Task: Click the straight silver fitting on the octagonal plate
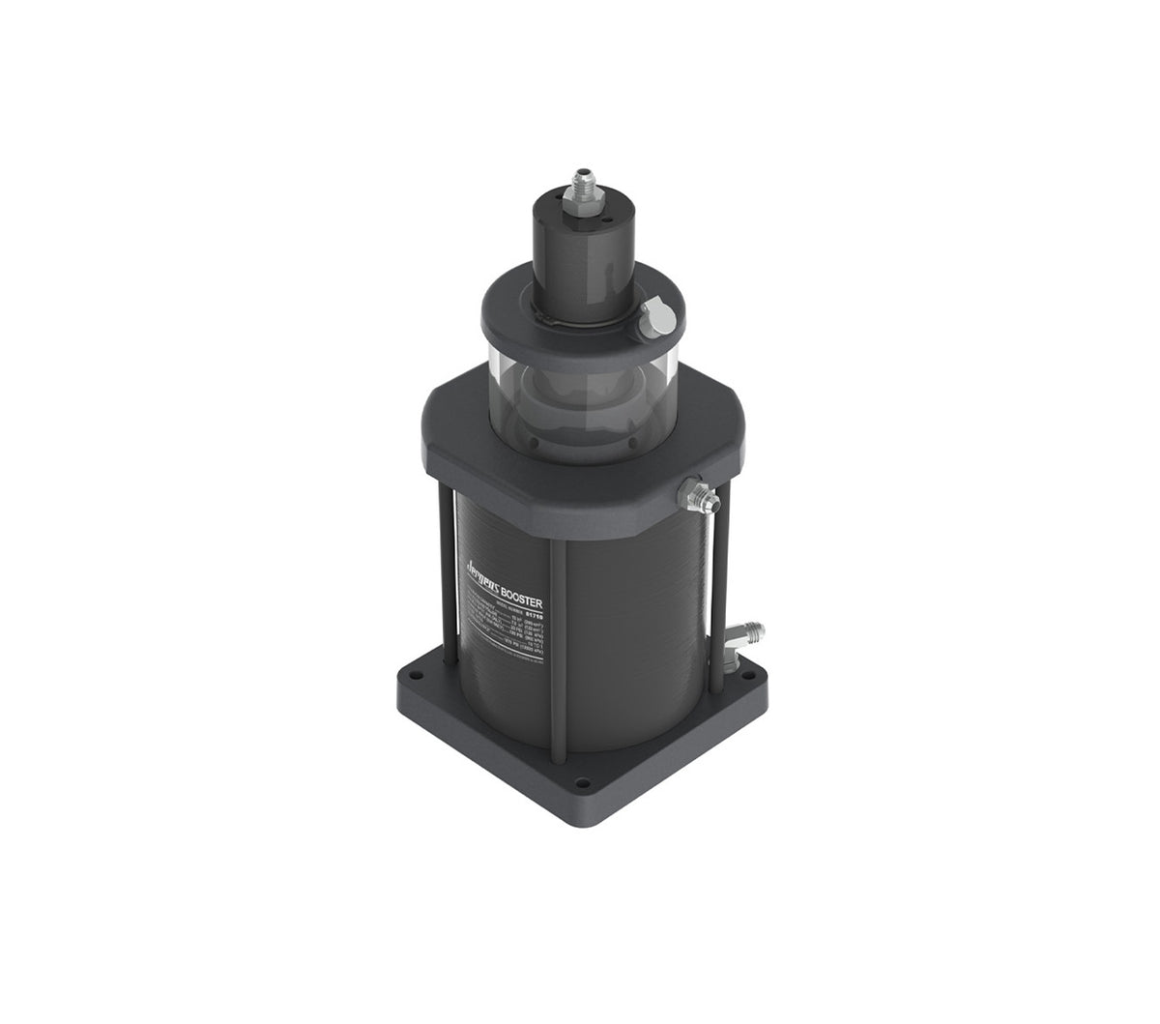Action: tap(699, 496)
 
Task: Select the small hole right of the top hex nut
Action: tap(606, 219)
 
